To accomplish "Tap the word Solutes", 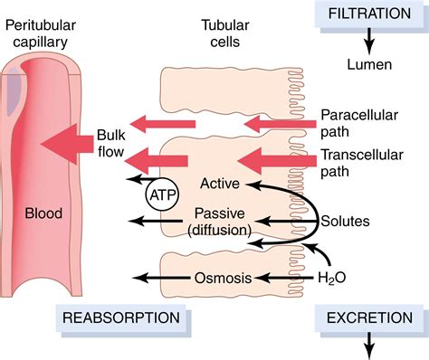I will point(348,220).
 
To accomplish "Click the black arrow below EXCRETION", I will point(368,345).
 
